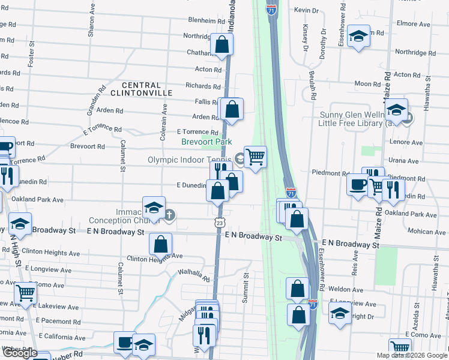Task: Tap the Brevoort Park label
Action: (207, 142)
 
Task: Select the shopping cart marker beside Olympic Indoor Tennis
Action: (255, 157)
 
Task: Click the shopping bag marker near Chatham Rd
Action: (221, 44)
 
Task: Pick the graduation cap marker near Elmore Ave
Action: (359, 36)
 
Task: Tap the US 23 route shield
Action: (220, 222)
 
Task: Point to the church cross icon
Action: (170, 214)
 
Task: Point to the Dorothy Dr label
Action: (323, 41)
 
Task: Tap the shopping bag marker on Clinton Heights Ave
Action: (160, 244)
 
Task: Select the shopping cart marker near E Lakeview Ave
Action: (25, 292)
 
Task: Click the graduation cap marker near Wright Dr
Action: (340, 313)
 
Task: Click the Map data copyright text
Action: (412, 355)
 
